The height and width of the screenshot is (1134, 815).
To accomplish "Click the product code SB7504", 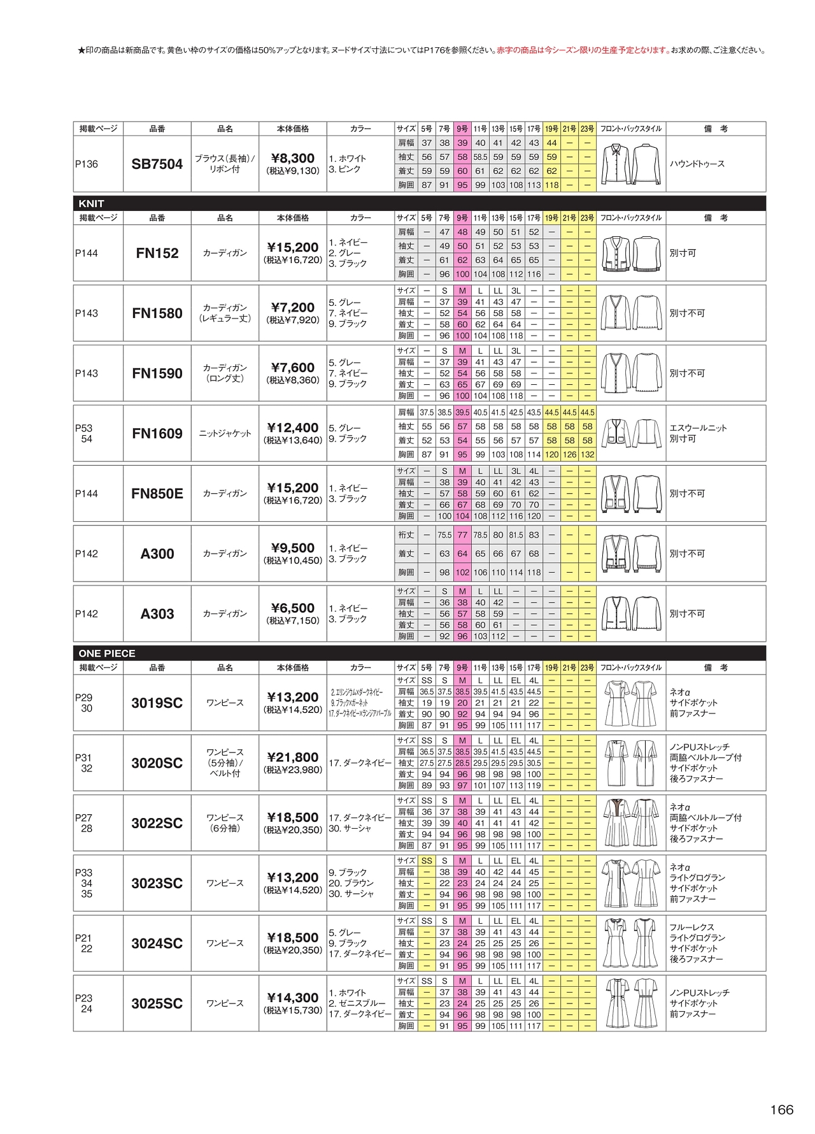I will [157, 164].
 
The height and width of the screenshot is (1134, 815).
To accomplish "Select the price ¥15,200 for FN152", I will [293, 247].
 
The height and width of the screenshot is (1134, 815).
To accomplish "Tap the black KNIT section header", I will [91, 204].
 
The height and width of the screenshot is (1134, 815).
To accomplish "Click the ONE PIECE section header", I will [106, 654].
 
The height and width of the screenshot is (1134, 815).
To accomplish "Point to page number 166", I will [781, 1110].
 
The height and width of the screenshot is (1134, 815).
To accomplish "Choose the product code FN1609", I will [157, 434].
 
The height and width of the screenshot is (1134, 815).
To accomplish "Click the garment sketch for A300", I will [631, 554].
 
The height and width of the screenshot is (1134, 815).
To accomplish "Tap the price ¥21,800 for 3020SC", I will [293, 757].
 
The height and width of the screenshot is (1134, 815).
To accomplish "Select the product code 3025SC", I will [157, 1004].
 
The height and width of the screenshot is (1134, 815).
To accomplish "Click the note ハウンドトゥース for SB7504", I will [697, 164].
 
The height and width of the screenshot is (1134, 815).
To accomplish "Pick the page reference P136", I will [87, 164].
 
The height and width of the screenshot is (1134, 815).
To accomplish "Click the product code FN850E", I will [157, 494].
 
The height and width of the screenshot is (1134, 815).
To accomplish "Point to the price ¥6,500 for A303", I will [293, 608].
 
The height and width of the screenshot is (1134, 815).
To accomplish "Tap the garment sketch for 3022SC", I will [631, 823].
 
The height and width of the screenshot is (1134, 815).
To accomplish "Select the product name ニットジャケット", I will [225, 434].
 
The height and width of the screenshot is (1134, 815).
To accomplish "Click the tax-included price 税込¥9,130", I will [293, 171].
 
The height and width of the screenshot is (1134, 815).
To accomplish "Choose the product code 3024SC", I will [157, 944].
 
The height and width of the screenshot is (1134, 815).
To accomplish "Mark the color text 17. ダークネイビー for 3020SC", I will [360, 763].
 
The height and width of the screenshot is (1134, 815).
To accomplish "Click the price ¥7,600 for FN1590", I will [293, 368].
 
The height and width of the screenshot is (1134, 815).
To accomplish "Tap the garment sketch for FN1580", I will [631, 313].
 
